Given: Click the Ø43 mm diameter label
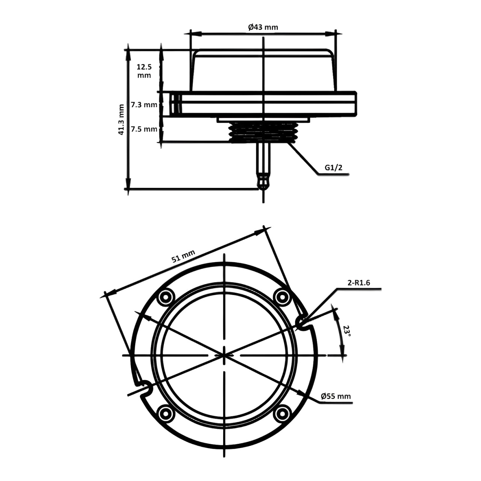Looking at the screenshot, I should click(x=263, y=27).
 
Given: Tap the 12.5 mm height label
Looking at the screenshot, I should click(x=144, y=71).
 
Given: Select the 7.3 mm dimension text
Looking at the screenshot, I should click(x=144, y=105).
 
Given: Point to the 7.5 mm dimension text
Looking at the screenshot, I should click(x=144, y=129).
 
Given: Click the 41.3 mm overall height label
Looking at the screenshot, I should click(x=121, y=119).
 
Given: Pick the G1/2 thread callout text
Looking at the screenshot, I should click(x=334, y=168).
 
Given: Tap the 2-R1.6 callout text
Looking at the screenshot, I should click(x=359, y=283).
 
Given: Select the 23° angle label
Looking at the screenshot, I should click(x=347, y=331).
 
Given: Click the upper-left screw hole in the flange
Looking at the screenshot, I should click(x=165, y=297).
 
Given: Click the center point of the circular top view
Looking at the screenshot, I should click(x=224, y=355).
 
